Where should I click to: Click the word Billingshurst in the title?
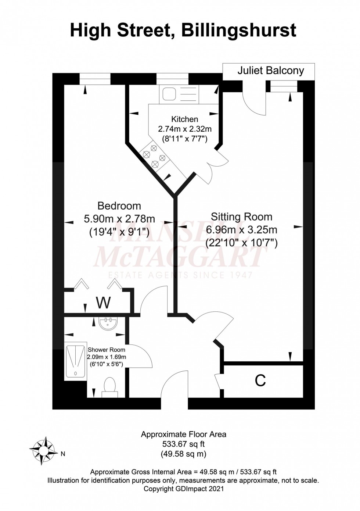[x=239, y=30]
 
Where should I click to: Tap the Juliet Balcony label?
[x=270, y=71]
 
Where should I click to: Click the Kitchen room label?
[x=184, y=119]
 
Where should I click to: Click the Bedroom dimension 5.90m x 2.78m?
[x=119, y=219]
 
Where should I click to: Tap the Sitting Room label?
[x=241, y=217]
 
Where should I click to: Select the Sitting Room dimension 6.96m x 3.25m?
[x=241, y=230]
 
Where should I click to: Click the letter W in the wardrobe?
[x=103, y=303]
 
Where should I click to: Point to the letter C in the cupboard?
[x=260, y=381]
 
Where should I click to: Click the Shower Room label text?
[x=106, y=350]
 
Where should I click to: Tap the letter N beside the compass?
[x=63, y=454]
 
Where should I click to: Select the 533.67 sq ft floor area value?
[x=183, y=444]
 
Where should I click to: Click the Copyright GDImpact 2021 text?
[x=183, y=489]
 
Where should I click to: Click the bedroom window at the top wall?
[x=95, y=79]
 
